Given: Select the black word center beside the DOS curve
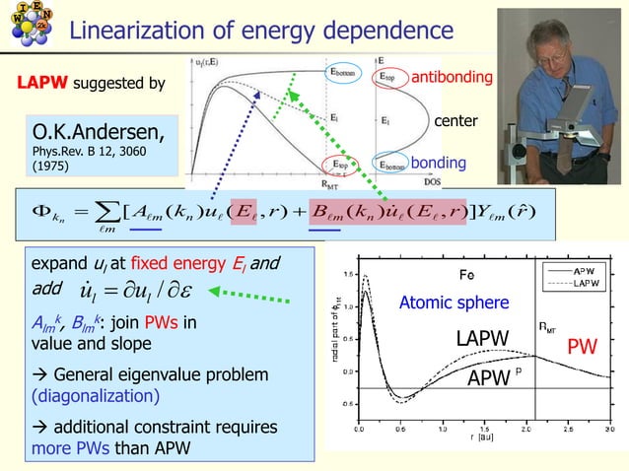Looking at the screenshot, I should pos(455,121).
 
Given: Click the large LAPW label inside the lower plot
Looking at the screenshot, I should pos(480,340).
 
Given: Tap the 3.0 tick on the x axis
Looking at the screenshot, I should pos(609,430).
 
